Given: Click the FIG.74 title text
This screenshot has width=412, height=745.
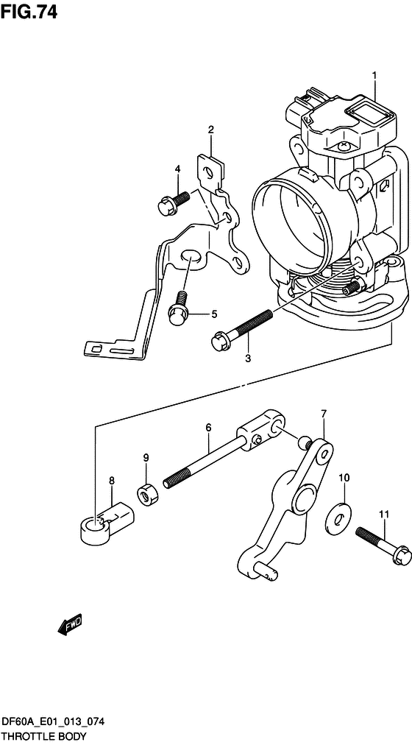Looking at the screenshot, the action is (29, 12).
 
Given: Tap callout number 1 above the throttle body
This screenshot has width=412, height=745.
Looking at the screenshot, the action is (374, 76).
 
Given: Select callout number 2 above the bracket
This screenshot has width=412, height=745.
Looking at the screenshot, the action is (210, 129).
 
